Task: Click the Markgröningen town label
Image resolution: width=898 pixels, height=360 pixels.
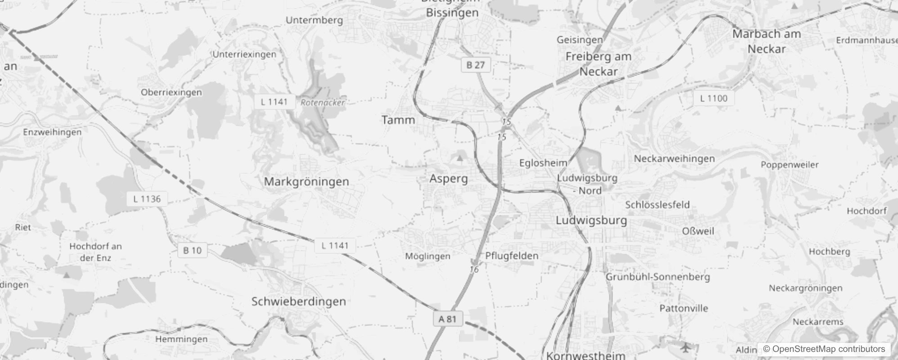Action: pyautogui.click(x=306, y=182)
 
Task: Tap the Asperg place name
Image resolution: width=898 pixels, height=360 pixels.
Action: pyautogui.click(x=449, y=179)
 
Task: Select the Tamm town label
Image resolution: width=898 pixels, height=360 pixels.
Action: pyautogui.click(x=398, y=120)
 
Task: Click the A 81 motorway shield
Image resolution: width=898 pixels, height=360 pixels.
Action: pyautogui.click(x=448, y=319)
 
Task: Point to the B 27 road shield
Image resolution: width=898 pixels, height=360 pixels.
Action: pyautogui.click(x=476, y=65)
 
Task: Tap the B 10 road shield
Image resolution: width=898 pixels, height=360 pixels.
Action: pyautogui.click(x=193, y=251)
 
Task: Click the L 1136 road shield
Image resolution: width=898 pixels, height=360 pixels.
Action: pyautogui.click(x=147, y=199)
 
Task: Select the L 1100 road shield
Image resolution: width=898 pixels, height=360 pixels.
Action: pyautogui.click(x=714, y=99)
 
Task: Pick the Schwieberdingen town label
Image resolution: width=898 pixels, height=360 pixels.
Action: pyautogui.click(x=299, y=301)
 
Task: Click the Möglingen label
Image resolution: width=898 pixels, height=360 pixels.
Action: pyautogui.click(x=427, y=256)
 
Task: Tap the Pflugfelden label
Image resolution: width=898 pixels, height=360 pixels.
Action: pyautogui.click(x=512, y=256)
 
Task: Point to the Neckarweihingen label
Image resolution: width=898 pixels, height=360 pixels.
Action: pyautogui.click(x=674, y=159)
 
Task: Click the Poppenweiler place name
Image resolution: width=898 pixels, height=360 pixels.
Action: pyautogui.click(x=790, y=165)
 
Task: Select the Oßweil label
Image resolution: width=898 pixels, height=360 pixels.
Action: pyautogui.click(x=698, y=231)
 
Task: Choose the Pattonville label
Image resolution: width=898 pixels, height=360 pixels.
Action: pyautogui.click(x=683, y=309)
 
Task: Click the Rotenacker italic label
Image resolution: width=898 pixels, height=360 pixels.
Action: pyautogui.click(x=323, y=103)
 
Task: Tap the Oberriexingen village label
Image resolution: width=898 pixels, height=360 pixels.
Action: pyautogui.click(x=171, y=93)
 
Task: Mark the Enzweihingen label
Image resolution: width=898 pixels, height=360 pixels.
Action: pyautogui.click(x=52, y=132)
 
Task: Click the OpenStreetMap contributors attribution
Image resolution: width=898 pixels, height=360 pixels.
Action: pyautogui.click(x=824, y=349)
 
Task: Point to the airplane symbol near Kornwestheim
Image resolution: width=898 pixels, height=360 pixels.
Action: pyautogui.click(x=685, y=347)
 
